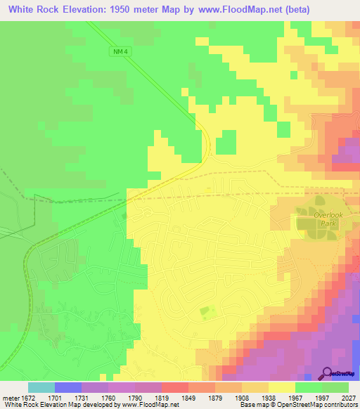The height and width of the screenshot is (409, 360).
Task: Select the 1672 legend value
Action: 28,397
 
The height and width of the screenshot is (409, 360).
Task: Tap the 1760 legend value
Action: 108,397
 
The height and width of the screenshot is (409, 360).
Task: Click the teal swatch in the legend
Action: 41,387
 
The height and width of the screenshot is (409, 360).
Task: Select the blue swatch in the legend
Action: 68,387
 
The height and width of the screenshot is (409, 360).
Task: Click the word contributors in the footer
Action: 340,405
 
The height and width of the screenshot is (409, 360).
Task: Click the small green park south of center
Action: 205,310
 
